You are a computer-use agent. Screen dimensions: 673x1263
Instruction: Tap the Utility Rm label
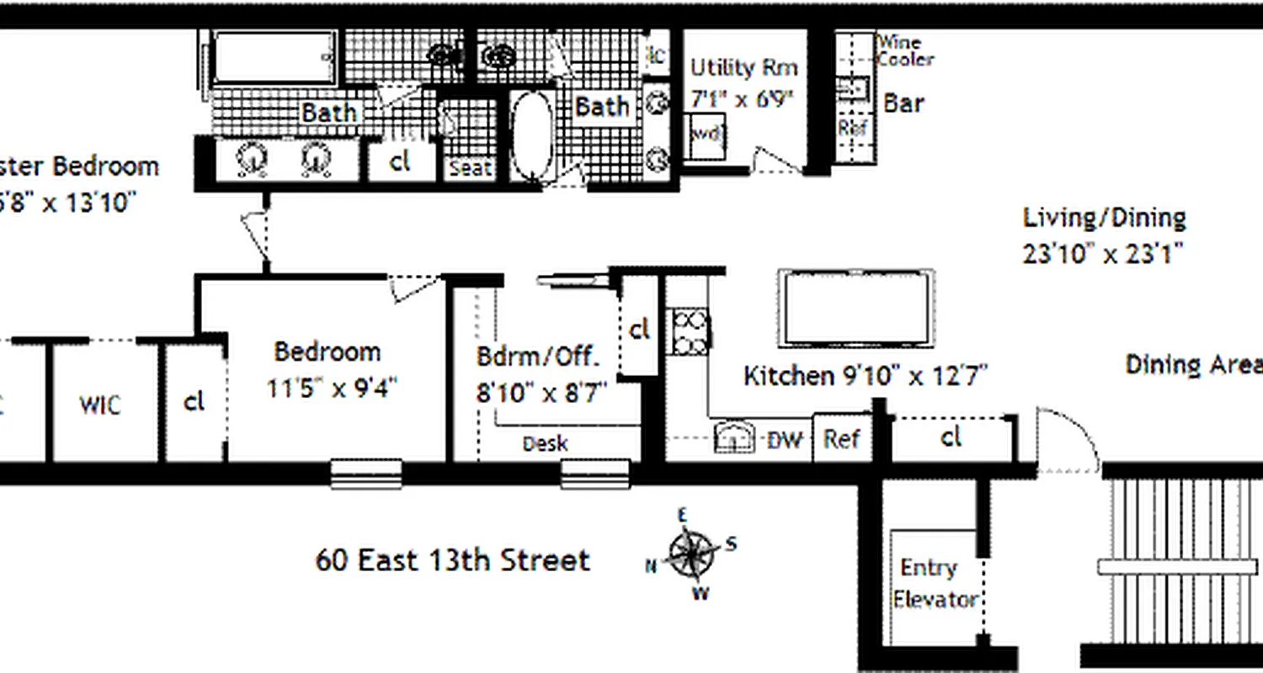[x=743, y=67]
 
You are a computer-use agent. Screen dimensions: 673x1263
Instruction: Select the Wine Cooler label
[x=905, y=50]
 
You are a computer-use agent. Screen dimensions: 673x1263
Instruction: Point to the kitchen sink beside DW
[x=733, y=437]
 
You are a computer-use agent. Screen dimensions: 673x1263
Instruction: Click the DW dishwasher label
[x=784, y=438]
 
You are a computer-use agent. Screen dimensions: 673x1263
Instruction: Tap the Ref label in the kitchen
[x=841, y=438]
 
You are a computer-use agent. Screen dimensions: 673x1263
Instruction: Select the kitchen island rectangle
[x=856, y=307]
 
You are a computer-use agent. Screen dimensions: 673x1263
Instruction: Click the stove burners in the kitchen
[x=690, y=331]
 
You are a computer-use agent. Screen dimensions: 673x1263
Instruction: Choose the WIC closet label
[x=100, y=405]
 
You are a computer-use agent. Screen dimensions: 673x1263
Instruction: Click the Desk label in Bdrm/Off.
[x=545, y=443]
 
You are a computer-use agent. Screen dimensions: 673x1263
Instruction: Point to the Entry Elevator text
[x=934, y=583]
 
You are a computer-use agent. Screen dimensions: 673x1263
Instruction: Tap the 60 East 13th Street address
[x=452, y=560]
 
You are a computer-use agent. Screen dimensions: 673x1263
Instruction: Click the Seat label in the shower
[x=470, y=168]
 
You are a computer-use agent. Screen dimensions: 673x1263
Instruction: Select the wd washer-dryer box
[x=707, y=135]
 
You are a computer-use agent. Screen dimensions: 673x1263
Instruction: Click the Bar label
[x=903, y=103]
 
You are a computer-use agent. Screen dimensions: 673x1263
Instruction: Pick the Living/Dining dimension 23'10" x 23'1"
[x=1104, y=253]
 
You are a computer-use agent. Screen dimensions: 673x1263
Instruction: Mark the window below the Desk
[x=595, y=474]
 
